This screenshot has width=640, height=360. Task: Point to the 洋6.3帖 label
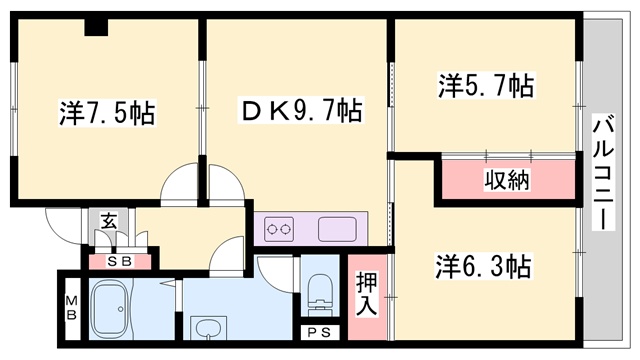(483, 267)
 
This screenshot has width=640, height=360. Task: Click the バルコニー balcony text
(603, 172)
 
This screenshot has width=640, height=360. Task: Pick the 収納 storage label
(507, 181)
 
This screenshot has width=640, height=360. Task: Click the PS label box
(321, 332)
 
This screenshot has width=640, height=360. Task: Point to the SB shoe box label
(118, 262)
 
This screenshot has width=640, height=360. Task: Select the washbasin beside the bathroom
(209, 328)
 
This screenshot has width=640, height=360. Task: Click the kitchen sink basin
(337, 229)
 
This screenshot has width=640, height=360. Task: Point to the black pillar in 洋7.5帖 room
(96, 27)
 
